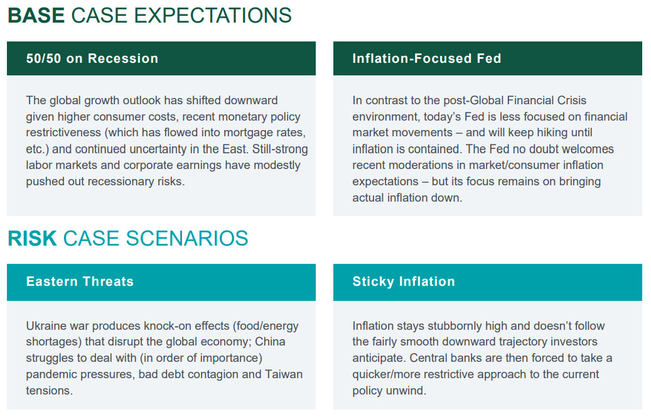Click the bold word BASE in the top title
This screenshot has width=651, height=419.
tap(36, 15)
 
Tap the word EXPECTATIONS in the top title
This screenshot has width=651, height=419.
tap(213, 15)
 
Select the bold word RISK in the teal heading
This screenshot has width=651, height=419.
tap(32, 238)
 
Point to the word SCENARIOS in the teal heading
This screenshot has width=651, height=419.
tap(187, 238)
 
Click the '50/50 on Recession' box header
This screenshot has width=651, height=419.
tap(161, 58)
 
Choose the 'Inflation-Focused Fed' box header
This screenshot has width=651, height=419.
tap(487, 58)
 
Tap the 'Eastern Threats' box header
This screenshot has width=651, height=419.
tap(161, 282)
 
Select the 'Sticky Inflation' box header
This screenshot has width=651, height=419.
tap(487, 282)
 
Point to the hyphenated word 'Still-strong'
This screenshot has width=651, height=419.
tap(280, 149)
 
